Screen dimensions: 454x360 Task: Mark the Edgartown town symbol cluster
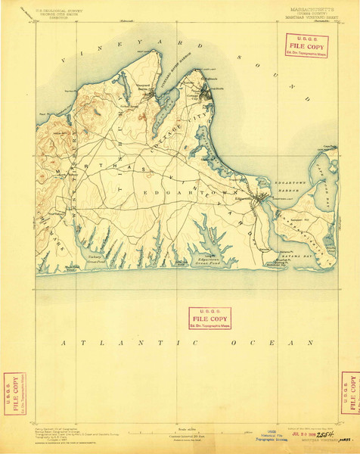(x=261, y=200)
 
